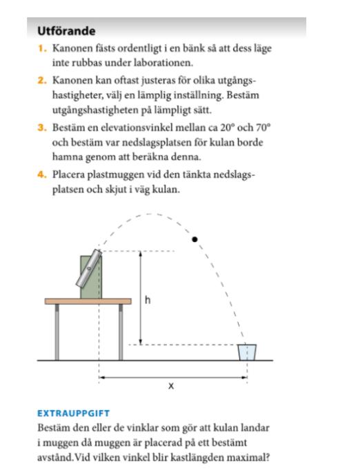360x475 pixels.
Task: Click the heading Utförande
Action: (66, 31)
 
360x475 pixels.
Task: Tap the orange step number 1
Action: (42, 48)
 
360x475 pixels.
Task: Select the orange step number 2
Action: (42, 81)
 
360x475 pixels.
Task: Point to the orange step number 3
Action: (42, 128)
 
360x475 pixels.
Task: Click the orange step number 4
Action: (42, 175)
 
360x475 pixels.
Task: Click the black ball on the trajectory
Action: (195, 240)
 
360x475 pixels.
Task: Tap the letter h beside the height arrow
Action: (148, 300)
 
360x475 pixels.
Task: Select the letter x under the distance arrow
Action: (171, 386)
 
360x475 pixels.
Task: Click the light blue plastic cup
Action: (247, 352)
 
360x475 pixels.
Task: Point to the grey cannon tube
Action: (88, 268)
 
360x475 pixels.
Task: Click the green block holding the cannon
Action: (91, 277)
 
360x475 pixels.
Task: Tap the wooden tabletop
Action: (88, 301)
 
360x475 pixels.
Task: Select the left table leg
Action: (57, 332)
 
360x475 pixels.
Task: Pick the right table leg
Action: (121, 332)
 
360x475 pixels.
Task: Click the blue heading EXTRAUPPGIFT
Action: (73, 413)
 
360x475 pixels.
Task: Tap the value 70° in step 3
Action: (263, 128)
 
